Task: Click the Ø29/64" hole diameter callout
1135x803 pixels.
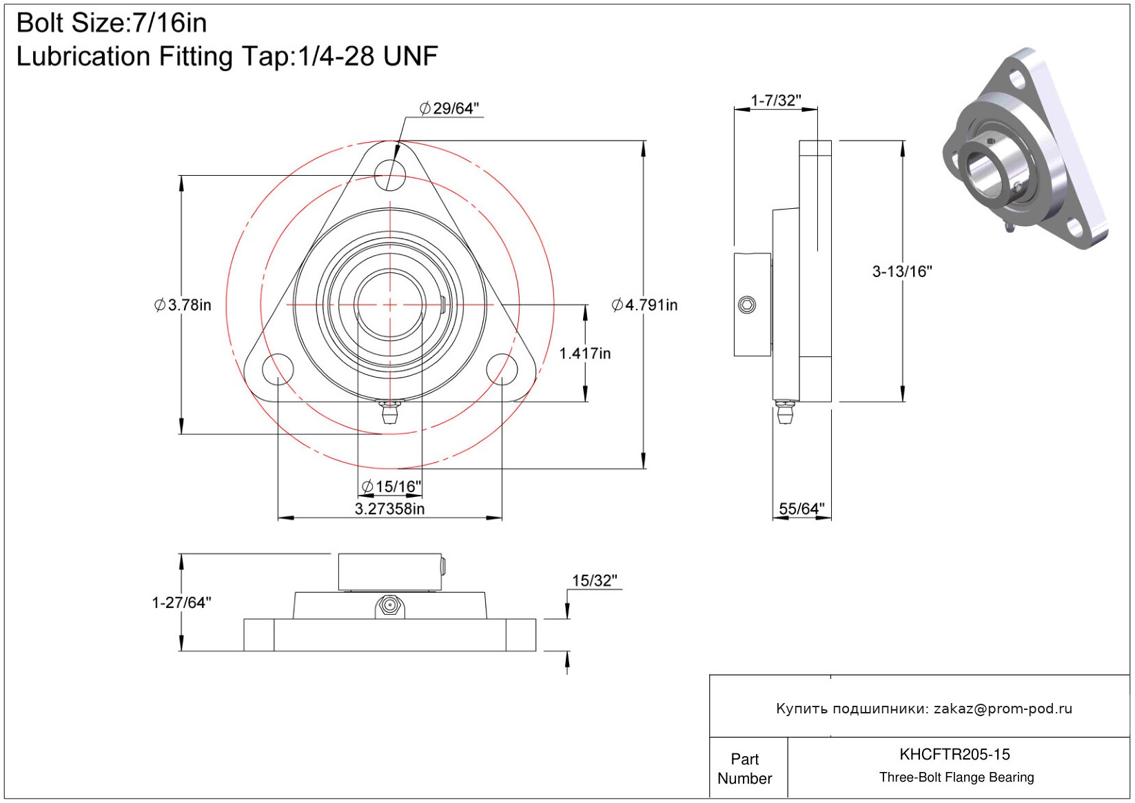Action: point(449,108)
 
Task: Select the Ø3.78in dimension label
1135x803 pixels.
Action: point(183,305)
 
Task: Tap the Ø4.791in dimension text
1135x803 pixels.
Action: point(645,305)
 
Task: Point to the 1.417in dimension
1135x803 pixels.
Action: point(584,354)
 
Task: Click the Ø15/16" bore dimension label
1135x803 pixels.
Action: point(391,487)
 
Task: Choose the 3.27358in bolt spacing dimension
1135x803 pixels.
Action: point(389,509)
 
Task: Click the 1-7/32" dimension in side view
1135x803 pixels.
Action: point(776,101)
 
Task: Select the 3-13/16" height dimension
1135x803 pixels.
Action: point(901,272)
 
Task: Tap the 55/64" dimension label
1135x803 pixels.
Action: point(801,509)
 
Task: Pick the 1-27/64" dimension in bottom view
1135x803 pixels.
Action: point(181,602)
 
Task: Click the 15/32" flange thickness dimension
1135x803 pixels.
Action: point(594,580)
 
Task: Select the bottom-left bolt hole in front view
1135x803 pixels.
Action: point(278,369)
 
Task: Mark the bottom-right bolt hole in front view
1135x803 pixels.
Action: point(502,369)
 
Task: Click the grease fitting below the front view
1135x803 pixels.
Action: point(390,413)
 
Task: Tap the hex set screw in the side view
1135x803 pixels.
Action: point(747,305)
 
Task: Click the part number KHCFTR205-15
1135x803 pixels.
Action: point(954,754)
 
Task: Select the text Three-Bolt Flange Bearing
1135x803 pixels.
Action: point(957,777)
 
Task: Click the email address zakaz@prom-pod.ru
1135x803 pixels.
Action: point(1003,709)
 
